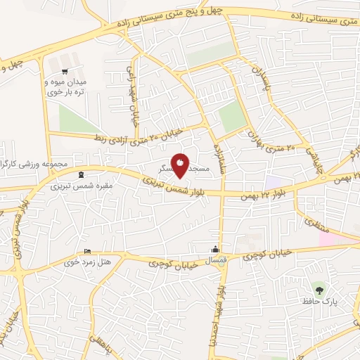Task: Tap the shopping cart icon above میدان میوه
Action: [65, 71]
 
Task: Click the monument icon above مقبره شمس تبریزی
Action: [81, 174]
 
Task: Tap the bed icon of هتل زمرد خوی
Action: [87, 251]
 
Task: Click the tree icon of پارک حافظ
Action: [321, 288]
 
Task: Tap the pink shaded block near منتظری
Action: [338, 238]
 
